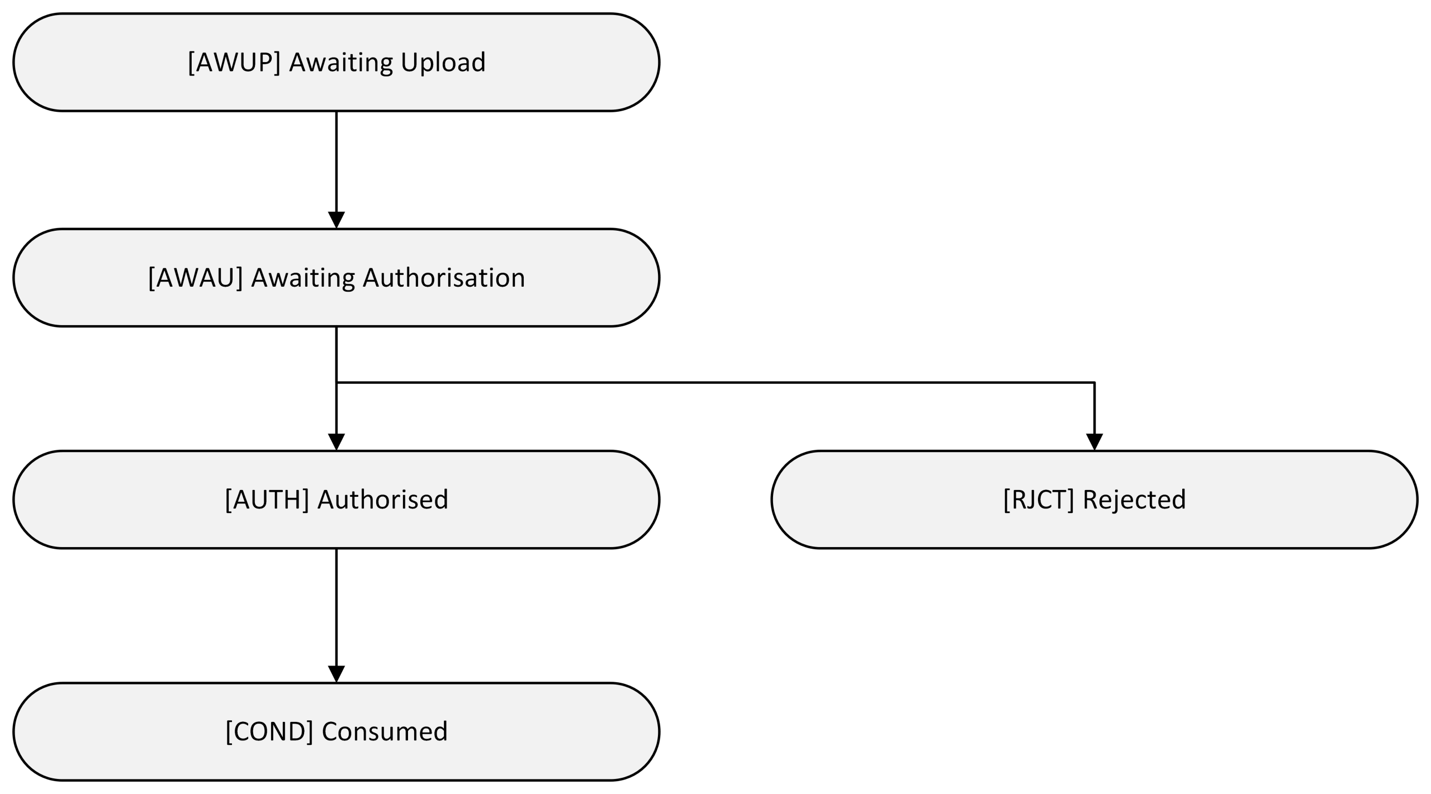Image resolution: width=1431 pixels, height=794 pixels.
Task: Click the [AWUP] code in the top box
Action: click(x=234, y=62)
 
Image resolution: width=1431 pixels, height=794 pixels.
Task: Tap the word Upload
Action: click(x=443, y=62)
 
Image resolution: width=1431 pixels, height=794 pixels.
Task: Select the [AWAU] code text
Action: click(x=195, y=278)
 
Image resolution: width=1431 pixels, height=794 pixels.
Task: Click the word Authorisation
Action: click(x=444, y=278)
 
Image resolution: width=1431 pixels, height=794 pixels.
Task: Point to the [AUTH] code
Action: click(x=267, y=500)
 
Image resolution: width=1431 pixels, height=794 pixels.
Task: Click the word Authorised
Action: click(x=383, y=500)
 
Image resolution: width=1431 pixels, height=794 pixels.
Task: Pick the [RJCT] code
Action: click(x=1038, y=500)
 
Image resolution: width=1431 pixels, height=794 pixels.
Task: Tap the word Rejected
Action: click(x=1134, y=500)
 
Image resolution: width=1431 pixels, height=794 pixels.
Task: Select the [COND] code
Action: click(x=269, y=731)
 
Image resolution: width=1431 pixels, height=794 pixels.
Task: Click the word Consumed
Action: click(x=385, y=731)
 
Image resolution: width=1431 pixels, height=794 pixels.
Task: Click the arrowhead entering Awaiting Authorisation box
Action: click(x=337, y=220)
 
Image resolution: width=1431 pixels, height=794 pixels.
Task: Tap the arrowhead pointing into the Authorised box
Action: click(x=337, y=442)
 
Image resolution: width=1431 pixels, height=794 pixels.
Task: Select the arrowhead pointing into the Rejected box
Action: click(x=1094, y=442)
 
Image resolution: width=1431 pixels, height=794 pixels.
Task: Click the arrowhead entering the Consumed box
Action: click(x=337, y=674)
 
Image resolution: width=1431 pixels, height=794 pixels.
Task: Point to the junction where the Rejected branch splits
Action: click(x=337, y=383)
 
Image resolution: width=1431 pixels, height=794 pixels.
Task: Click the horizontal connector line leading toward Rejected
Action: click(x=715, y=383)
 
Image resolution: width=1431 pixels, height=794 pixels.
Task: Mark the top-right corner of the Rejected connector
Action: click(x=1094, y=383)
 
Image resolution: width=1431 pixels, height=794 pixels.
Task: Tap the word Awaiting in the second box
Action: click(x=302, y=278)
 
